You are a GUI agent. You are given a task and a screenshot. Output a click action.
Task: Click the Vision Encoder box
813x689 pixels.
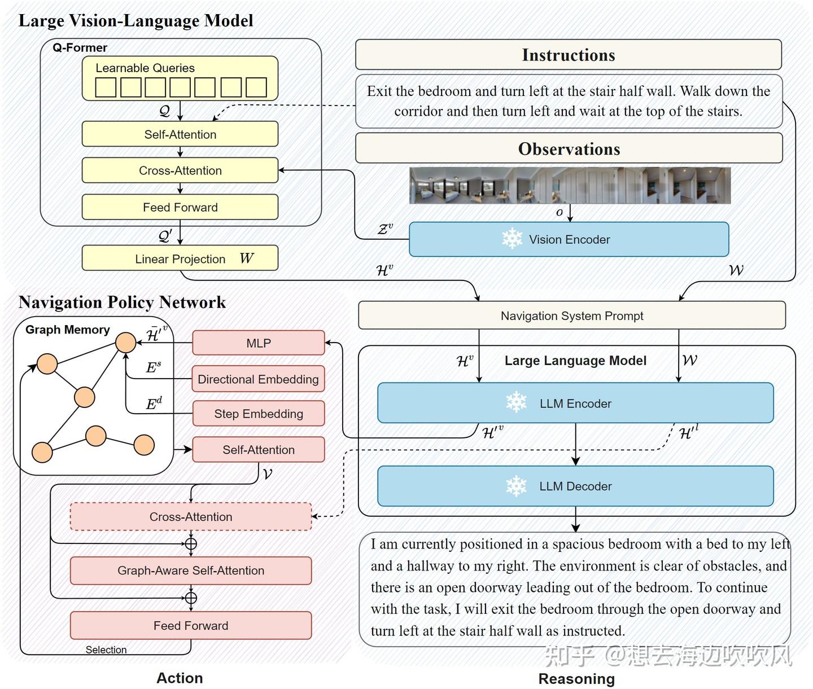569,239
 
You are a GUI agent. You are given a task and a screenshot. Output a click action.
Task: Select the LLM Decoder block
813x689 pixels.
575,486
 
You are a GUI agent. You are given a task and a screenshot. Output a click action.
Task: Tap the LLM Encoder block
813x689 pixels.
575,403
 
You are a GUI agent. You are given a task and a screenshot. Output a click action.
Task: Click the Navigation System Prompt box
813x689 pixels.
571,315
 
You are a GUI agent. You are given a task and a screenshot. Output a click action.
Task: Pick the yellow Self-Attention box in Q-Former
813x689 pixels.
180,134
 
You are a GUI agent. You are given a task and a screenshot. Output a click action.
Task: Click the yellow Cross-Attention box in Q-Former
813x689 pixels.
180,170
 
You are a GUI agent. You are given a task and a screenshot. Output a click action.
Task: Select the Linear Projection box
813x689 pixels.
180,258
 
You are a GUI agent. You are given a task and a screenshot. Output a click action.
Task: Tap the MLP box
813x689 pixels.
259,343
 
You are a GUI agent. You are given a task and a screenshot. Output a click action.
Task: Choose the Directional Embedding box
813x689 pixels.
259,379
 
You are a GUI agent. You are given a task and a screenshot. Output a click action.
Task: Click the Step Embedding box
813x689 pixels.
259,414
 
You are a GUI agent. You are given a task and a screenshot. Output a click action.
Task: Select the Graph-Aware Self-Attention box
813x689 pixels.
191,570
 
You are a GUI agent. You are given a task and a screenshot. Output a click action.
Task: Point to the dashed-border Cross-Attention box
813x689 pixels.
191,516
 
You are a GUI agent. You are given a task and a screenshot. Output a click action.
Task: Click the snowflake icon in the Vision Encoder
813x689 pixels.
512,239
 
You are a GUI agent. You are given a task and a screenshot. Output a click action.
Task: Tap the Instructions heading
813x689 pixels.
568,55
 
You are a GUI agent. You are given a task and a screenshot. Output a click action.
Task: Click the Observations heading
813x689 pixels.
569,148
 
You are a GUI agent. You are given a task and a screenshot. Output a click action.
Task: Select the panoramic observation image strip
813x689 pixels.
570,185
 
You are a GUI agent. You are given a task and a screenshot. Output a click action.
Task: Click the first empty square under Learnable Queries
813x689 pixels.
106,87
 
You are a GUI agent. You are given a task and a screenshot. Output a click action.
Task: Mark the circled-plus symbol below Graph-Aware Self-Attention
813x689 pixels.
191,598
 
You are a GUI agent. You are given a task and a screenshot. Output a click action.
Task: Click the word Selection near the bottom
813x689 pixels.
106,649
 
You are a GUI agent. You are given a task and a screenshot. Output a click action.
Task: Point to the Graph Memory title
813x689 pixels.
68,330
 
